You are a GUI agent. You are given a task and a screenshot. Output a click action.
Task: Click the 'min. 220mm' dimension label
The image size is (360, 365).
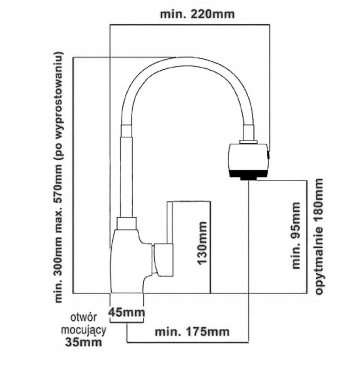[x=197, y=14]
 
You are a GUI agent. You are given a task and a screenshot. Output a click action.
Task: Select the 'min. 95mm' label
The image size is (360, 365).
[x=296, y=235]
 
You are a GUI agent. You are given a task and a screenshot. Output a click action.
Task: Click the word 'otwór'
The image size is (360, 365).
[x=83, y=318]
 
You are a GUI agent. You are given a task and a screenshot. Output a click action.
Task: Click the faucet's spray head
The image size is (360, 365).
[x=248, y=158]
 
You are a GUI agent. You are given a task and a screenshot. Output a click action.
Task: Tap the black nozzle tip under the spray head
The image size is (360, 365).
[x=248, y=175]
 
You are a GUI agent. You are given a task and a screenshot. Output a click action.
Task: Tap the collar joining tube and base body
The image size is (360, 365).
[x=127, y=224]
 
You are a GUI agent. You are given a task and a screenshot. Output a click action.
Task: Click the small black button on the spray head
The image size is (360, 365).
[x=268, y=156]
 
